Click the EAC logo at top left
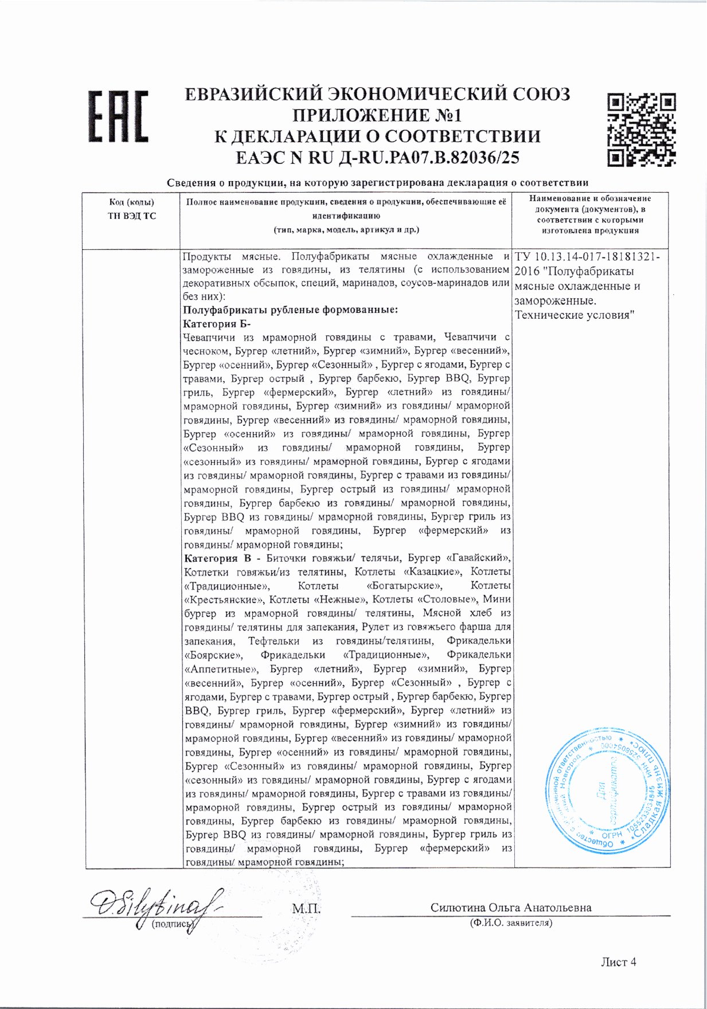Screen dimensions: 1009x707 [118, 116]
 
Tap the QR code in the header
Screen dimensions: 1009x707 [641, 129]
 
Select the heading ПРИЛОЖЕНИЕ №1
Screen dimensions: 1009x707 [377, 115]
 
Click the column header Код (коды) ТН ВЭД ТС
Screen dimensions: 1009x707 [131, 209]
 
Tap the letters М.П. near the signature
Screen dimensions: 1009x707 [306, 909]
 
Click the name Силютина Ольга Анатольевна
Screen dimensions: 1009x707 [511, 908]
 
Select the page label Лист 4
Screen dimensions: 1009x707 [618, 962]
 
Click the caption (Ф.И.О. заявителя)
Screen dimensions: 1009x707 [510, 923]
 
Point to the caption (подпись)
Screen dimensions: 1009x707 [170, 924]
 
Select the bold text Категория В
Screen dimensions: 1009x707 [217, 558]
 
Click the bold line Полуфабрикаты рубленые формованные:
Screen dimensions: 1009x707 [290, 310]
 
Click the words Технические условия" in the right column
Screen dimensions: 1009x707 [574, 315]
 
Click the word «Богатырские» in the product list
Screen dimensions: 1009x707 [404, 585]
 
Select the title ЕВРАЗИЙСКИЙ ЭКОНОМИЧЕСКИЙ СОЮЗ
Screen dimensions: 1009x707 [377, 93]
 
